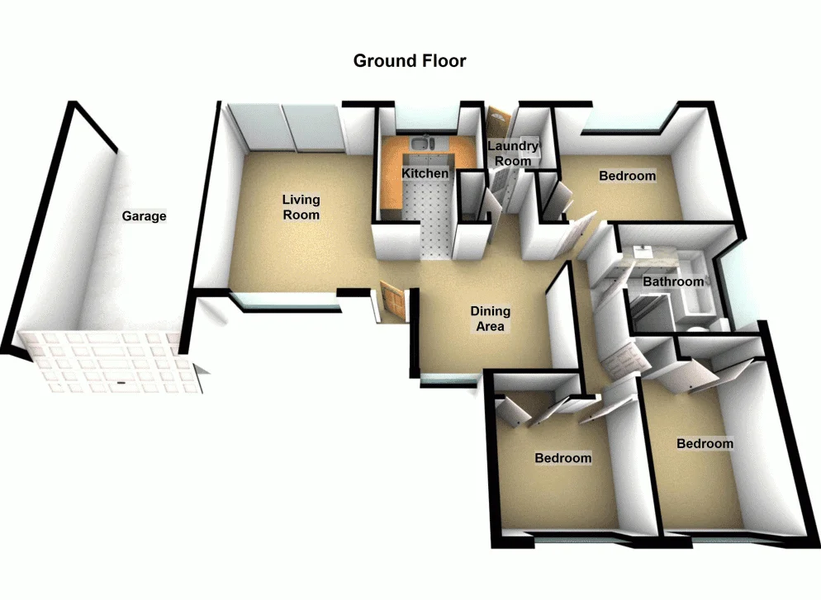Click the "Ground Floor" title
click(x=410, y=61)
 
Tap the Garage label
click(x=145, y=216)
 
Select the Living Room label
click(x=301, y=207)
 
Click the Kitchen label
click(x=425, y=173)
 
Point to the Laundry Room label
click(x=513, y=154)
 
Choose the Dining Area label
click(x=491, y=319)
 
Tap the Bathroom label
click(x=673, y=281)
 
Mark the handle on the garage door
click(x=121, y=383)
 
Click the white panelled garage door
click(x=107, y=361)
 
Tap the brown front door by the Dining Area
click(x=394, y=302)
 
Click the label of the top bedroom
click(x=628, y=176)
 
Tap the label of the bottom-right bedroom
click(x=705, y=443)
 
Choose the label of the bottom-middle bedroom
click(x=562, y=458)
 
